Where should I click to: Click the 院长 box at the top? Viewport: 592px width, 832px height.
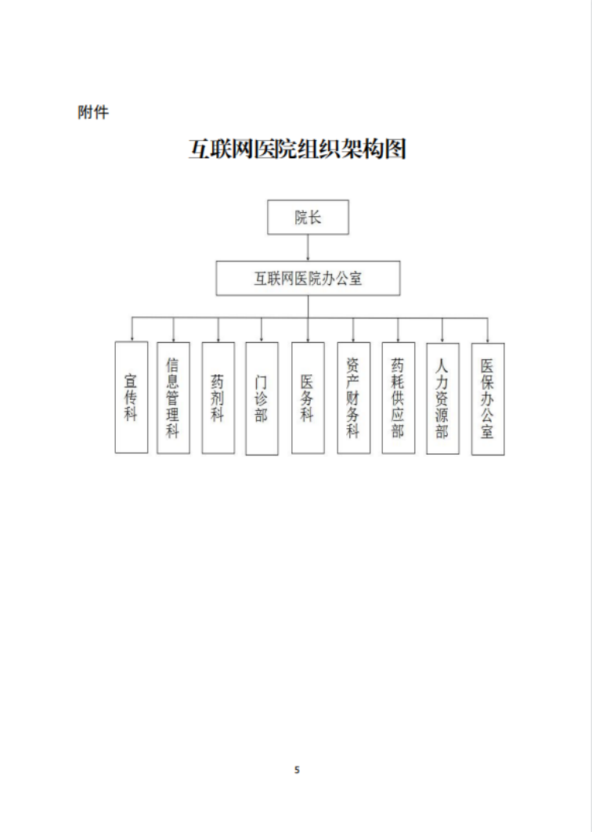[308, 217]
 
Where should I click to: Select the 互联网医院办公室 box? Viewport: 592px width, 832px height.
[308, 278]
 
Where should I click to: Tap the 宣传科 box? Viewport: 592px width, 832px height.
[131, 397]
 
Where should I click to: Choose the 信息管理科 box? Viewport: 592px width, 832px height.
[173, 398]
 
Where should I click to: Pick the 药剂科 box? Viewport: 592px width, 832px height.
[218, 398]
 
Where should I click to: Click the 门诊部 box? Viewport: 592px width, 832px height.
[262, 398]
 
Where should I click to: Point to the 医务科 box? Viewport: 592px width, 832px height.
[308, 398]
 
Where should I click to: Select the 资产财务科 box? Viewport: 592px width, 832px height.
[354, 398]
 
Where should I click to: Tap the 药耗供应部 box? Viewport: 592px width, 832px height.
[399, 398]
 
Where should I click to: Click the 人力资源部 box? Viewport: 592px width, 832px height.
[442, 398]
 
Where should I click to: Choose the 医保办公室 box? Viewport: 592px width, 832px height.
[488, 398]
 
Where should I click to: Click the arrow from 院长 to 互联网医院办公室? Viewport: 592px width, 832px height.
[308, 247]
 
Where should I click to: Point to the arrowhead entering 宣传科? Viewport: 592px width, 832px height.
[132, 339]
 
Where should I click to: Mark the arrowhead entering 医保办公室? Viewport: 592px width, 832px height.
[488, 340]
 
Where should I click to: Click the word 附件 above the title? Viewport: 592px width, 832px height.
[93, 113]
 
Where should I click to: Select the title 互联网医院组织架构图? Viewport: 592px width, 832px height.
[298, 149]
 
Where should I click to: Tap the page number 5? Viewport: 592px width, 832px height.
[297, 769]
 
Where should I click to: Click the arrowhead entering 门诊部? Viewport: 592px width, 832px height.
[262, 339]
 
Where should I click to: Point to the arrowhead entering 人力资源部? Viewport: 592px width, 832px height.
[442, 340]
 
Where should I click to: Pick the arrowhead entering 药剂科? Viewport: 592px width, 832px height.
[218, 339]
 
